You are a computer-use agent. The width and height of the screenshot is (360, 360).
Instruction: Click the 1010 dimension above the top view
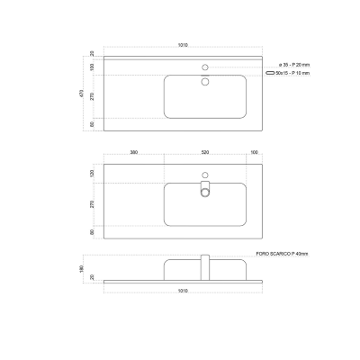pos(184,45)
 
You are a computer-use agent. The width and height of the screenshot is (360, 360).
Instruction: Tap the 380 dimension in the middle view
pos(133,153)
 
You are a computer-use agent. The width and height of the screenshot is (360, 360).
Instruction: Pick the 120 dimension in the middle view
pos(92,173)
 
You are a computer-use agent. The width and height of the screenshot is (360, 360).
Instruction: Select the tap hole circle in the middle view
pos(205,175)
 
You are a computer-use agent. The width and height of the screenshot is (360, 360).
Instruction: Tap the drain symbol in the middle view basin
pos(205,189)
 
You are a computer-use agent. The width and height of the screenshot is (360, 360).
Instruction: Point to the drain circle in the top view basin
pos(205,82)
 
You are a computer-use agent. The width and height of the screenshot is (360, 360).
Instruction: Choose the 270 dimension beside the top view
pos(92,95)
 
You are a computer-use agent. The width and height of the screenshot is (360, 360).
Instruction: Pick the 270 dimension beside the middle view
pos(92,203)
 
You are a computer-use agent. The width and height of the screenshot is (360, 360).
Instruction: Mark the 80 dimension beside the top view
pos(92,125)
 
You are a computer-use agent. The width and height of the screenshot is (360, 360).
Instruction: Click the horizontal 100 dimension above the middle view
pos(255,153)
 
